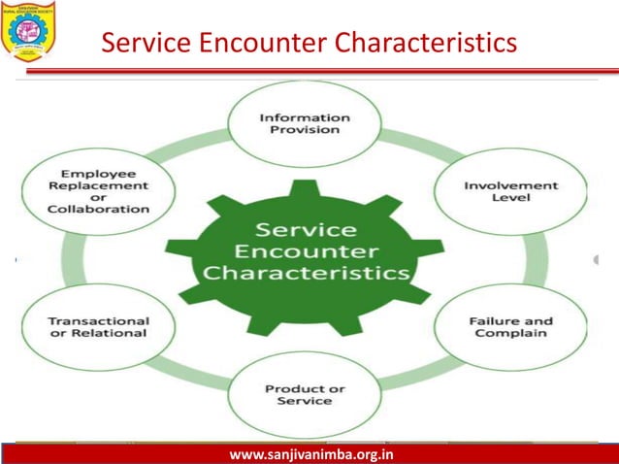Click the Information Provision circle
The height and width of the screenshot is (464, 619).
[x=304, y=123]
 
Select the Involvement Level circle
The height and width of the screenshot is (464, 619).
[x=497, y=190]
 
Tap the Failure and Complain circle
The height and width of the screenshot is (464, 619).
[x=497, y=327]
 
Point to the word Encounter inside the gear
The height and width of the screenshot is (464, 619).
[x=305, y=251]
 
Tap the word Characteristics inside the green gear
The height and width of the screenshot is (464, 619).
[x=305, y=273]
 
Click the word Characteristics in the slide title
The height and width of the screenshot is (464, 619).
[x=419, y=44]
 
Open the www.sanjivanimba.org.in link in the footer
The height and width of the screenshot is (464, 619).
[x=304, y=454]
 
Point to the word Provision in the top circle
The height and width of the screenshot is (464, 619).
[x=305, y=129]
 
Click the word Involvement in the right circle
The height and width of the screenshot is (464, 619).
[x=497, y=184]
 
